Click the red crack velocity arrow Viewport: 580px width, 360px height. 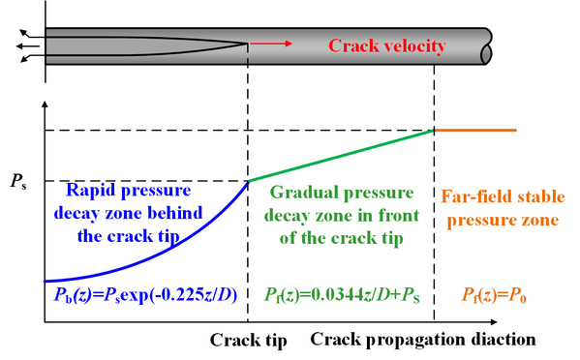point(271,44)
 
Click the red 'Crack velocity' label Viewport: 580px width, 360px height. point(387,46)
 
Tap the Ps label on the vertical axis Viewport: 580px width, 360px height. point(18,181)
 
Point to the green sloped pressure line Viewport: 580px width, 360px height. point(341,156)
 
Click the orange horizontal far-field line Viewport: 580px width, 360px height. point(475,130)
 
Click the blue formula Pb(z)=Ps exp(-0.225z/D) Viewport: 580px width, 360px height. point(145,295)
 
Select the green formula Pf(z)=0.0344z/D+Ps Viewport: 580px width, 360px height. point(342,295)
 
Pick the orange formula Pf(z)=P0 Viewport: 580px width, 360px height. point(494,295)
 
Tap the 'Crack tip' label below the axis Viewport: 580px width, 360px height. point(248,340)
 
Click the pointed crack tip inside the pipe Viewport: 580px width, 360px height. point(247,44)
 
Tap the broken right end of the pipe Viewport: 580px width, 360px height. point(487,46)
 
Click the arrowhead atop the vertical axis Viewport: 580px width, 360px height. point(46,104)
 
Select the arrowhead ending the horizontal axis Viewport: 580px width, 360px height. point(493,322)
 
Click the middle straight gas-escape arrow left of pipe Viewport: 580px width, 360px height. point(28,46)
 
